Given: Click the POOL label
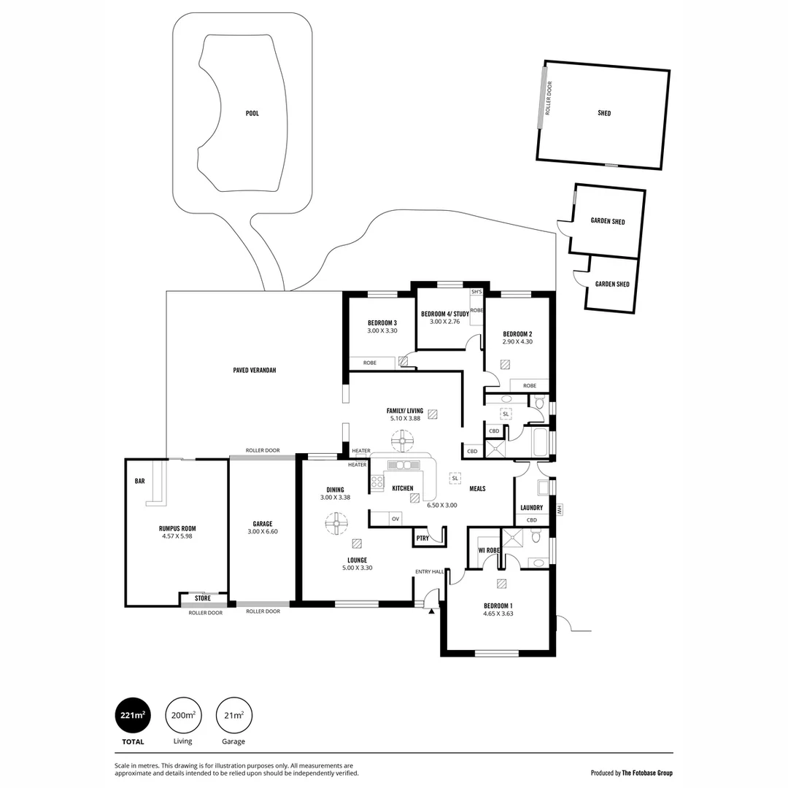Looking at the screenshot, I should coord(252,113).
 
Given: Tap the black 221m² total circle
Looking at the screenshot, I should coord(133,715).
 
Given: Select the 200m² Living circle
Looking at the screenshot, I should coord(182,715).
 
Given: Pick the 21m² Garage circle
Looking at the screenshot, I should coord(234,715).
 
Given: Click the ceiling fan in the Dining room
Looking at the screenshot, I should coord(336,524).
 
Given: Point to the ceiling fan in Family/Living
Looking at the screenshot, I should coord(402,441).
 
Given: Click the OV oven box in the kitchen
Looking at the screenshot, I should coord(395,519).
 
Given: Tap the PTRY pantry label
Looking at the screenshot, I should coord(422,538).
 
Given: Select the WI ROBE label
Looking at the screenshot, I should coord(488,549).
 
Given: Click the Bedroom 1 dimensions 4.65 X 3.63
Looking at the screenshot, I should coord(498,614).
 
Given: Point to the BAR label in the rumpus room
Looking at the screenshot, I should coord(139,482).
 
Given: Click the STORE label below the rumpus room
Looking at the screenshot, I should coord(203,598).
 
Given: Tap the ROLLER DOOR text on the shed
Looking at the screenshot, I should coord(549,98).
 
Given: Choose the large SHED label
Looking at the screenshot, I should coord(604,113).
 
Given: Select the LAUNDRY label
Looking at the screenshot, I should coord(531,508).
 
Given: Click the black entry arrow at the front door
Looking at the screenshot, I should coord(432,611).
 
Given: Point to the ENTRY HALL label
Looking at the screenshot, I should coord(429,571).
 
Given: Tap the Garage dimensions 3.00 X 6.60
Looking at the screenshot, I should coord(263,532).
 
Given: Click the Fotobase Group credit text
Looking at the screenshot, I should coord(632,773).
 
